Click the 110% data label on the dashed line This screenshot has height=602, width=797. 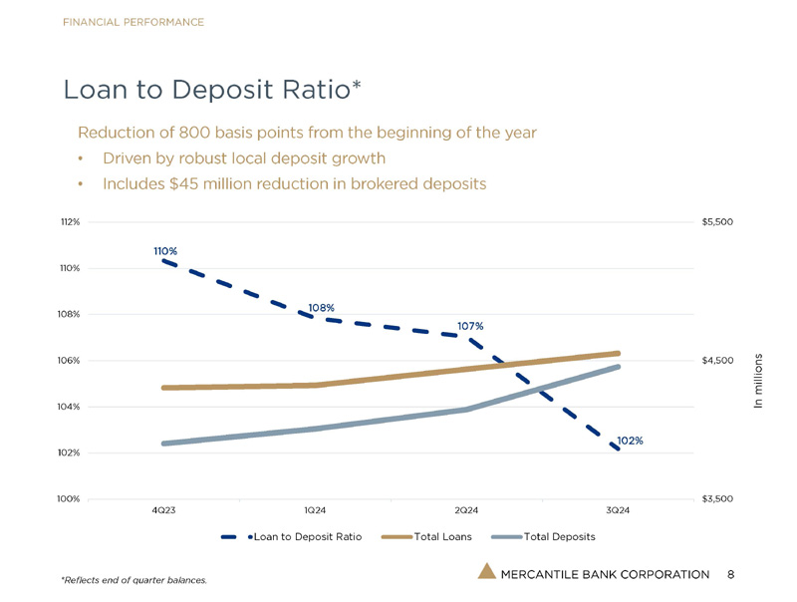(x=165, y=251)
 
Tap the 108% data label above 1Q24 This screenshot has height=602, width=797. (x=321, y=308)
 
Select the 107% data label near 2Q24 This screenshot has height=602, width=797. (x=470, y=326)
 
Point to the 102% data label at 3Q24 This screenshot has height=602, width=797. (x=630, y=441)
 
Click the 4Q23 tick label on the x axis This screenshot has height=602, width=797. (x=164, y=510)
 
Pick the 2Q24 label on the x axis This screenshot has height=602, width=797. (x=466, y=510)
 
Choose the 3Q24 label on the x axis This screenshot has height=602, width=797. (x=618, y=510)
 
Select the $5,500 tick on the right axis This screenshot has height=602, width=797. (x=717, y=222)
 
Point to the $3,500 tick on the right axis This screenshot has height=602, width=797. (x=717, y=497)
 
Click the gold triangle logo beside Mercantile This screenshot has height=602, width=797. (x=486, y=571)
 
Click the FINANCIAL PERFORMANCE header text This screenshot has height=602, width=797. (x=133, y=22)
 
